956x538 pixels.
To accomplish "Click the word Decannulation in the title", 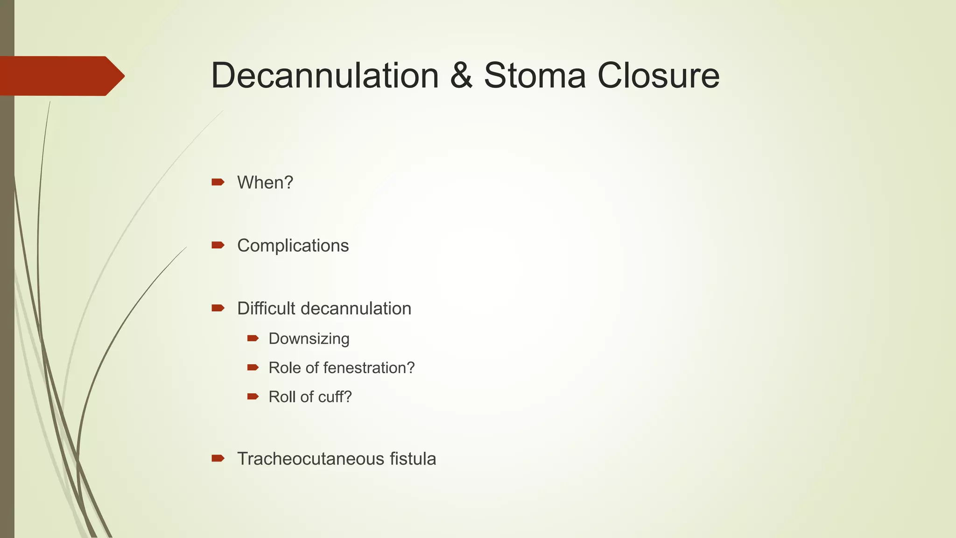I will [325, 75].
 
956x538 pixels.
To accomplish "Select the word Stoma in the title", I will [534, 75].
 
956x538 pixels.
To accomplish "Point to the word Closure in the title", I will [658, 75].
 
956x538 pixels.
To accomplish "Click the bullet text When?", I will [265, 183].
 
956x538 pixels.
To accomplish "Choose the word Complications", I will [293, 246].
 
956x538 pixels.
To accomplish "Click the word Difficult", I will [266, 309].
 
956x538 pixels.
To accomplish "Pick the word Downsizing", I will [309, 339].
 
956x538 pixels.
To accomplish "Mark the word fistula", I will [413, 459].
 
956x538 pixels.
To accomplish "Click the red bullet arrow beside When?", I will [218, 182].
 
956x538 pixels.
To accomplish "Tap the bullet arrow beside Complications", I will [218, 245].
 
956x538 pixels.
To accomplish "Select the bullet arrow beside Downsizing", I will [253, 338].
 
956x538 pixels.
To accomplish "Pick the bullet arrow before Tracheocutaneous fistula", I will [218, 458].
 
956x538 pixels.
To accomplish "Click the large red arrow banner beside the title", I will [61, 76].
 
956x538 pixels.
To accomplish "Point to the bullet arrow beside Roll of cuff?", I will [253, 396].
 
